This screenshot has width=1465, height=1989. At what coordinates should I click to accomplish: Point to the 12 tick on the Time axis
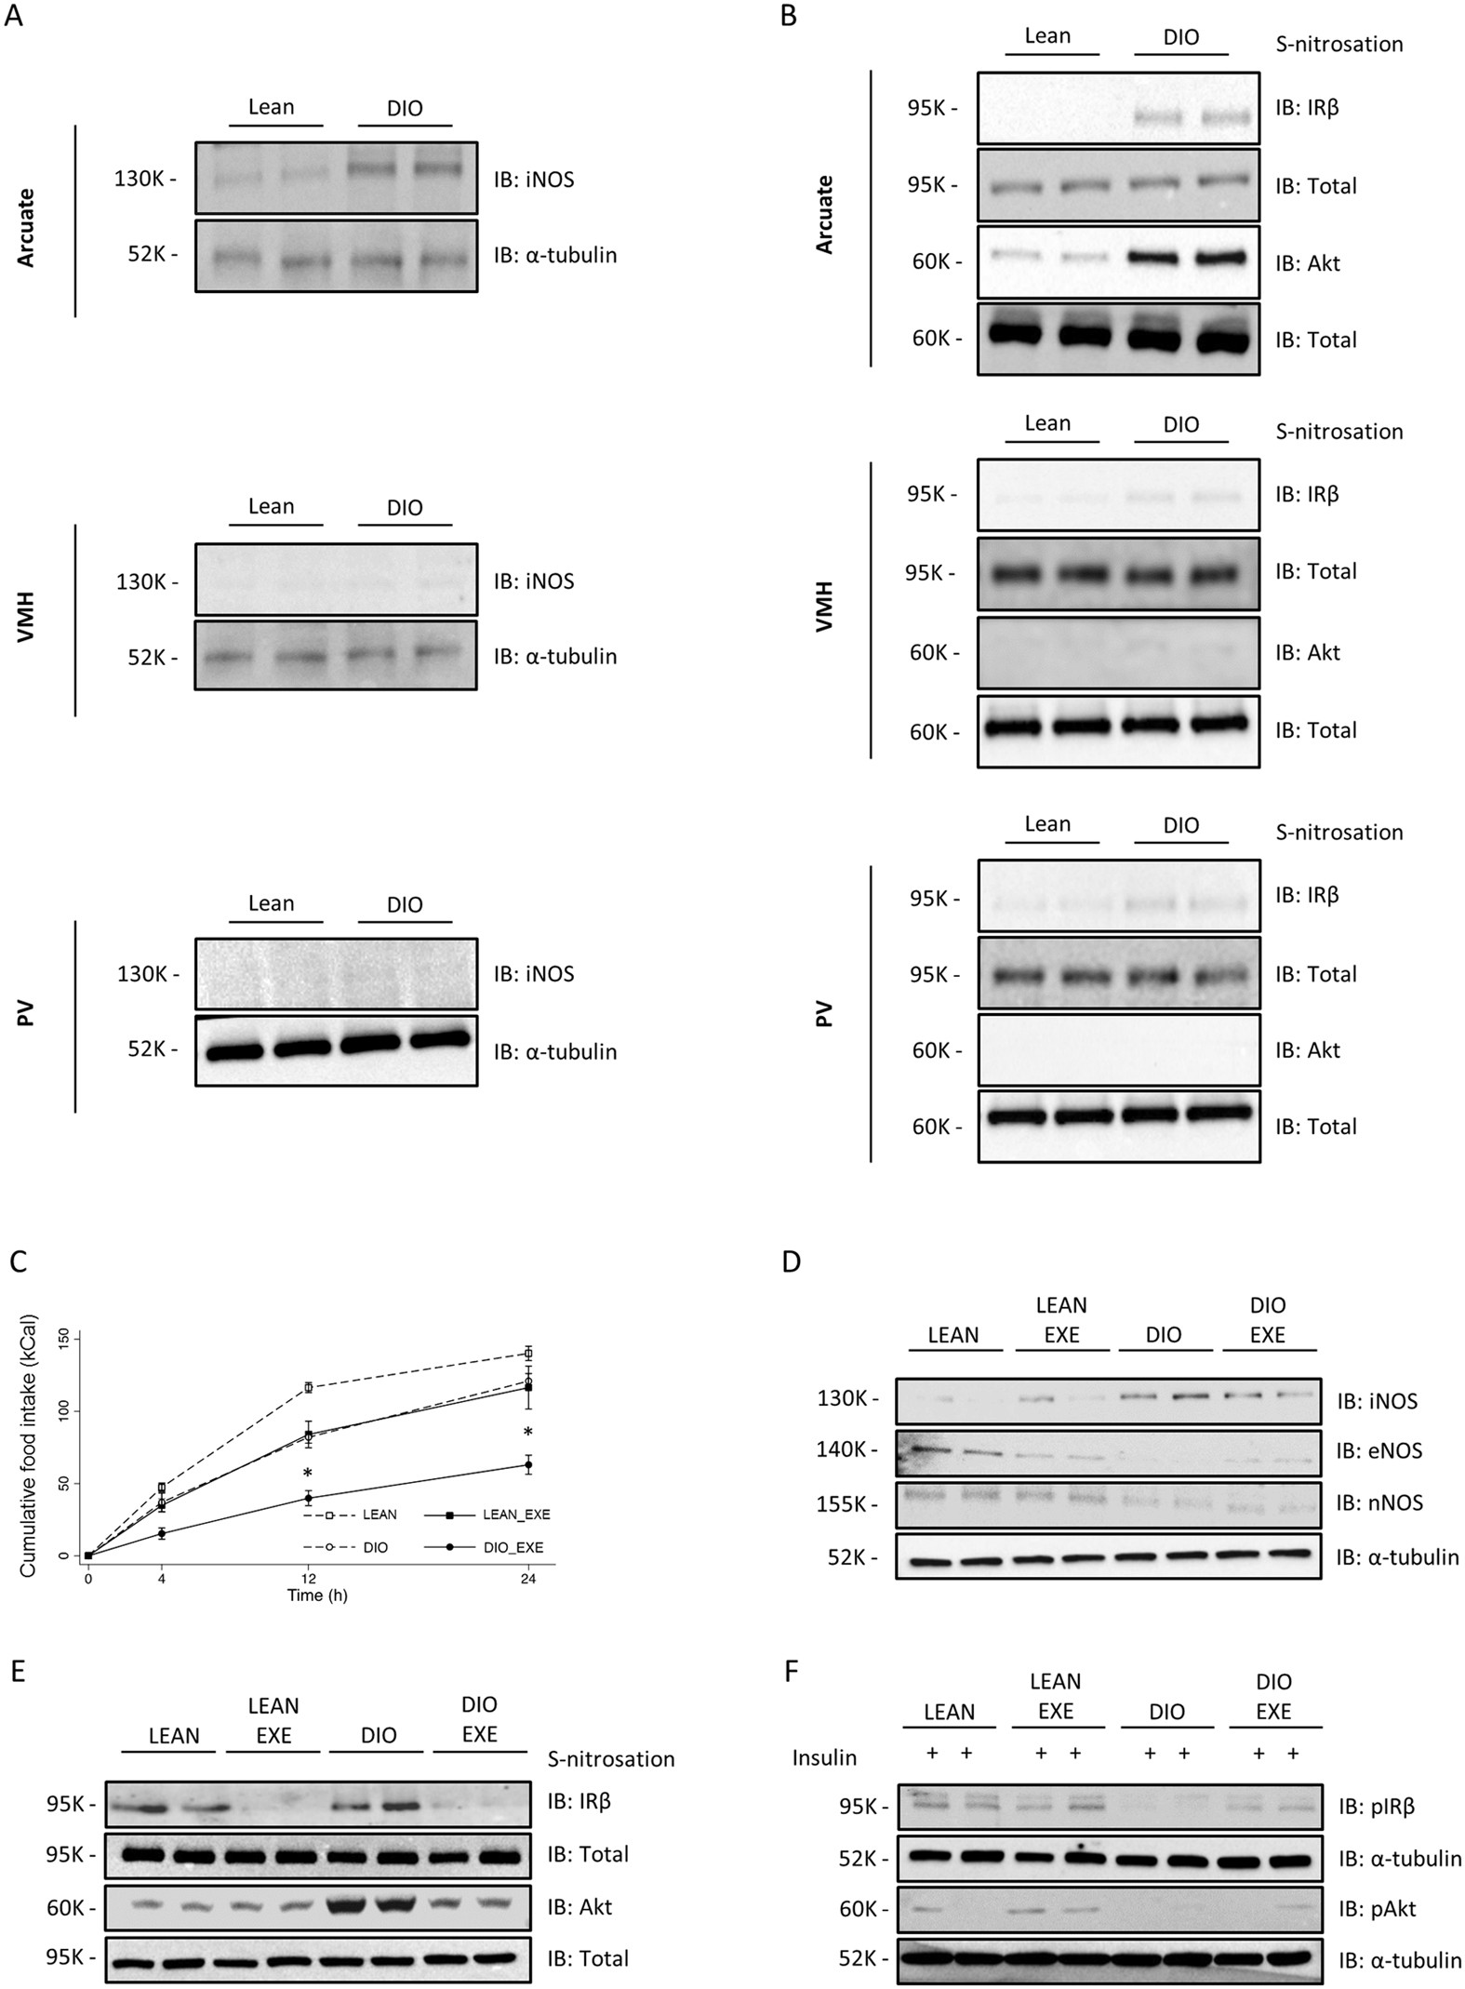307,1578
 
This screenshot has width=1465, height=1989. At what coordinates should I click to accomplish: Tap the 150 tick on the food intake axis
63,1338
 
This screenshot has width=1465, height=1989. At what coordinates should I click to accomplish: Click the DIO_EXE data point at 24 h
528,1465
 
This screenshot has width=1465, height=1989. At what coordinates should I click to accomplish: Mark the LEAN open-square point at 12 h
307,1388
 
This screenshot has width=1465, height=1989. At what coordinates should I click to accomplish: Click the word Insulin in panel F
824,1757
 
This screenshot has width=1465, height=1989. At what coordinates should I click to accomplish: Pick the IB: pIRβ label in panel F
1378,1808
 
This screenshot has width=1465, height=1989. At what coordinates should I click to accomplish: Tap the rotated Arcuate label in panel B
824,215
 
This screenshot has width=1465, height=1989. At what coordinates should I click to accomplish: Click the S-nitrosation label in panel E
610,1758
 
